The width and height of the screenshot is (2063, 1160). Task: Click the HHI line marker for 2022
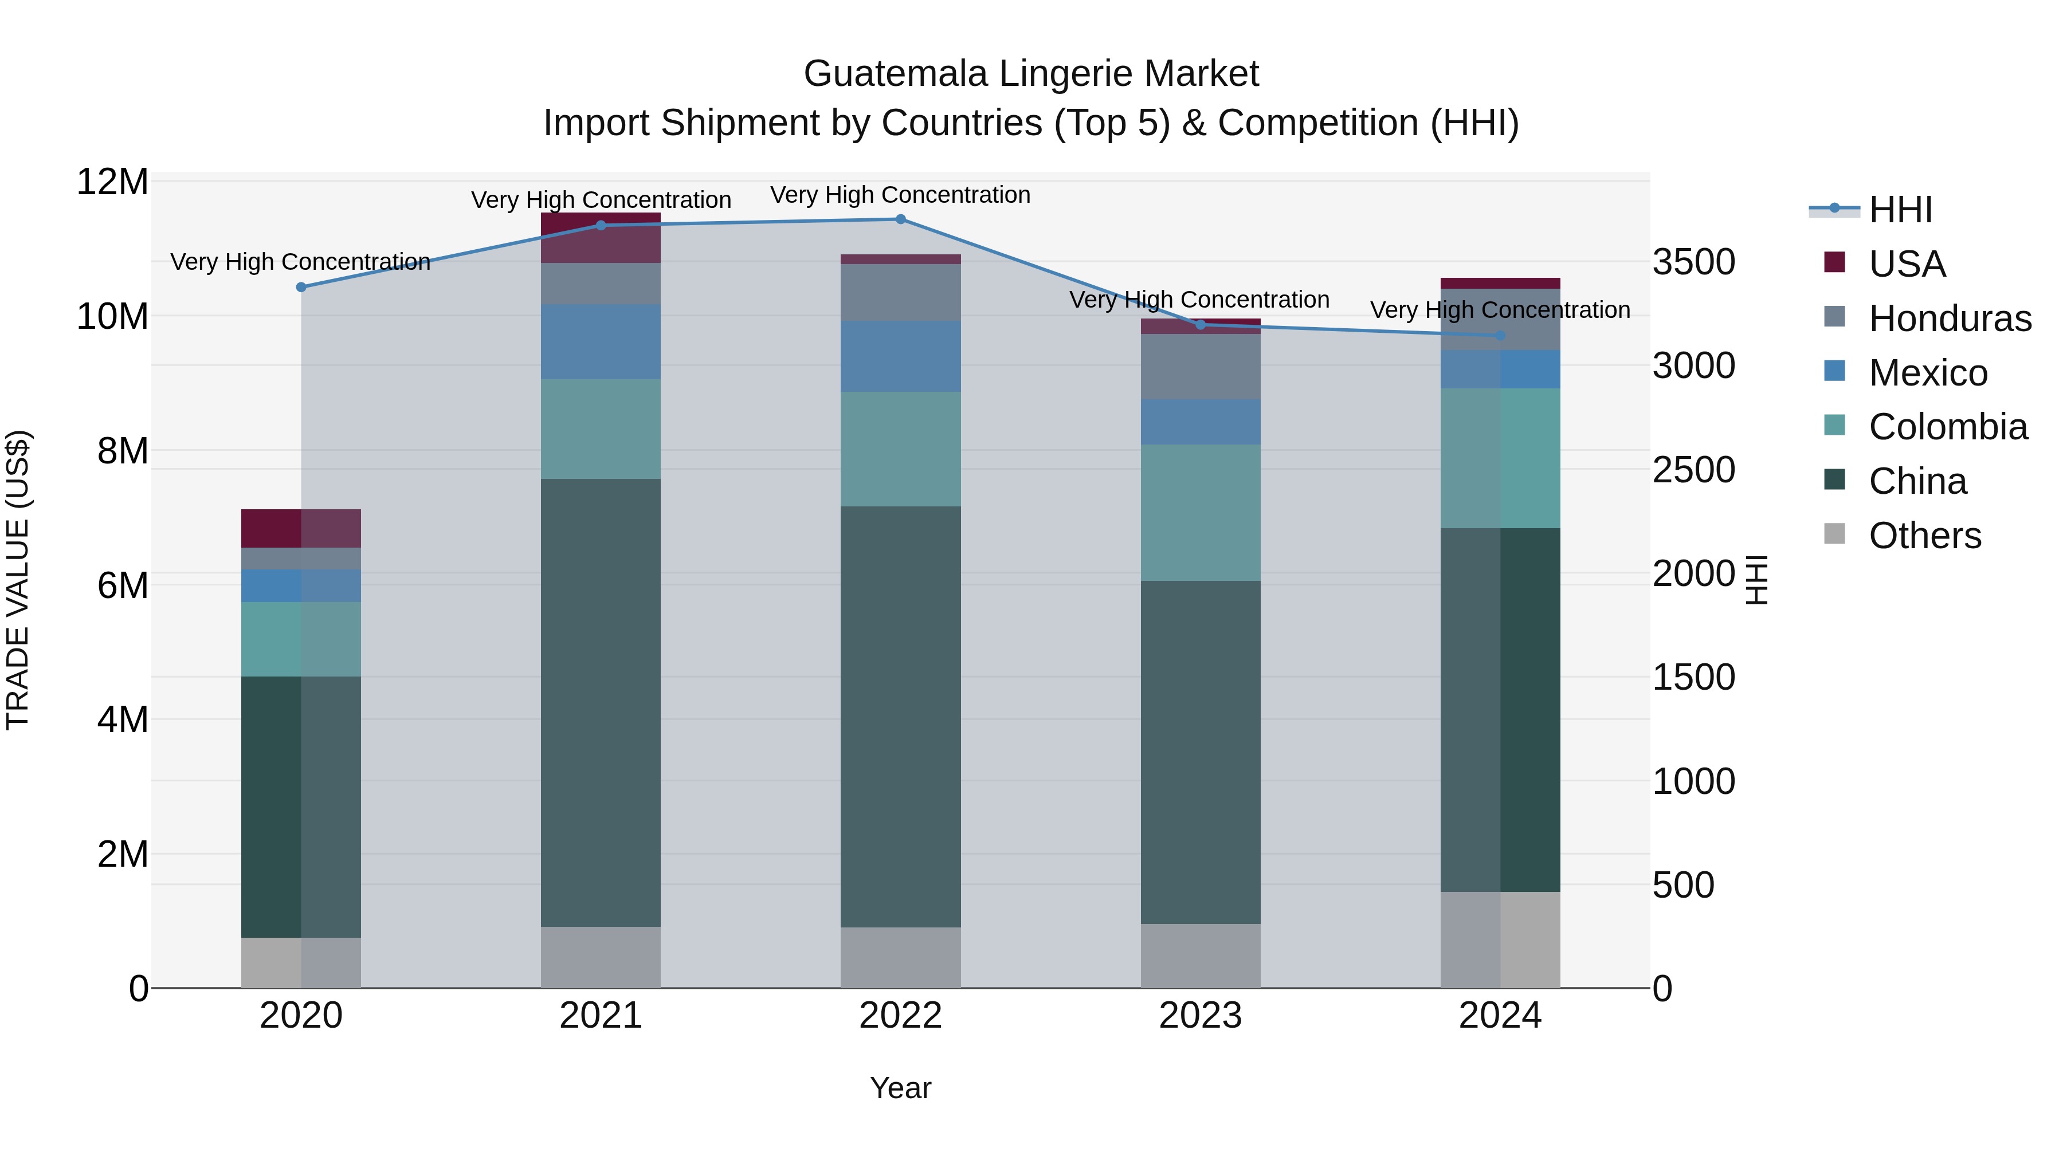900,219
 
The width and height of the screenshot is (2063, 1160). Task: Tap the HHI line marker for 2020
301,288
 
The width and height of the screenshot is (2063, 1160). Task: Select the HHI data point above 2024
1500,336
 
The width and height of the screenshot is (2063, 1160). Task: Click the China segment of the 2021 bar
601,702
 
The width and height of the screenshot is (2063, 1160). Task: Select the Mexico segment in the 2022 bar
900,356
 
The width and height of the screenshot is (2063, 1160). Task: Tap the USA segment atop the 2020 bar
301,528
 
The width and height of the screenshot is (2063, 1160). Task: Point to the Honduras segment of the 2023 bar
1199,367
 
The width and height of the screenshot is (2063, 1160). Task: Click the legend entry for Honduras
1950,318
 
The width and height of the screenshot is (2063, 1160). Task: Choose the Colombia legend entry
1948,427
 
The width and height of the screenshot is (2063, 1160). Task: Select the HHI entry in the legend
1900,210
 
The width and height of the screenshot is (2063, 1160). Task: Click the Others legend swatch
1834,534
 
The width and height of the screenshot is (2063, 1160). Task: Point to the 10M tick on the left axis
112,316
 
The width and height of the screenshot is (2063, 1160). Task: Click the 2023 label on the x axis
1199,1016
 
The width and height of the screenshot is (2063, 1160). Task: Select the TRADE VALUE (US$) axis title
18,580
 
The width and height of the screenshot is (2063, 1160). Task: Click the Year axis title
900,1088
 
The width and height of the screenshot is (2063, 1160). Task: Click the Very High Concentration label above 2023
1199,300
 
